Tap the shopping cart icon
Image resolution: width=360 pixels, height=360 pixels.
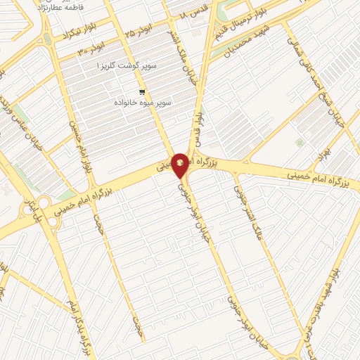(x=142, y=92)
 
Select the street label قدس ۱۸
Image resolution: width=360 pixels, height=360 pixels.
(x=194, y=14)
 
